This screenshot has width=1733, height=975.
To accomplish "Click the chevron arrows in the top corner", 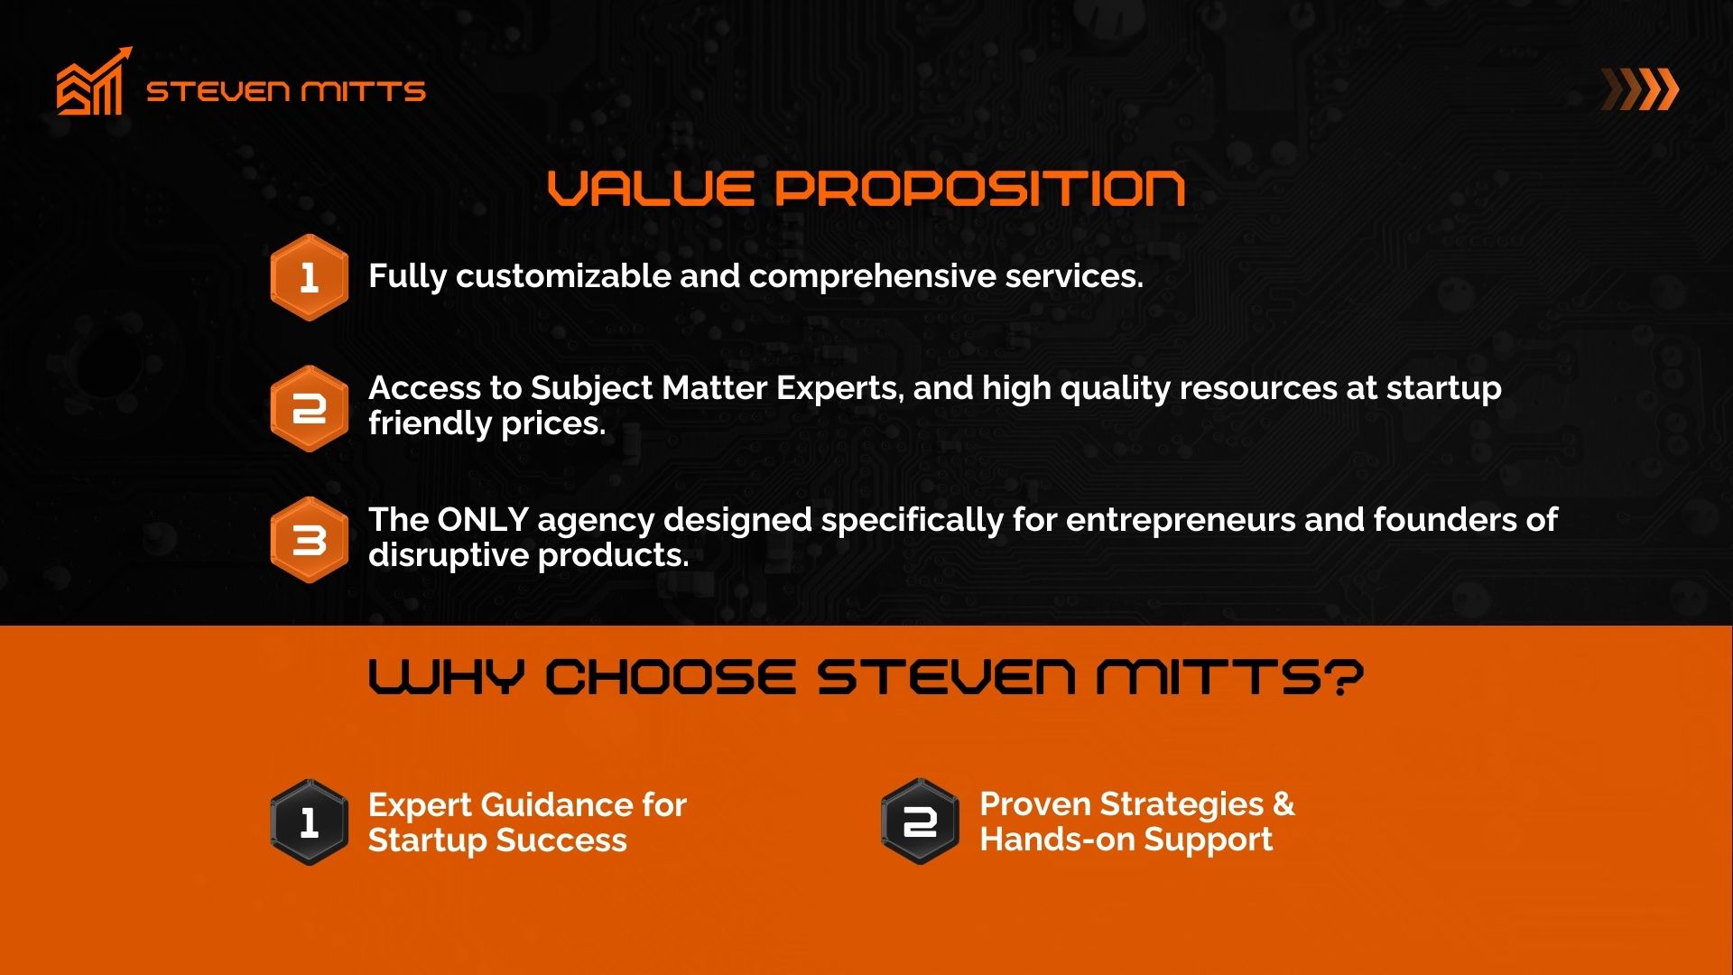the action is coord(1640,89).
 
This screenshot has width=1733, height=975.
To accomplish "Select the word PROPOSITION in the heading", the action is coord(980,188).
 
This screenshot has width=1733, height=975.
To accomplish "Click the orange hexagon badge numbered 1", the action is coord(309,277).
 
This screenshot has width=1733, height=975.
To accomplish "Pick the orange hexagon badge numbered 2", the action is coord(309,408).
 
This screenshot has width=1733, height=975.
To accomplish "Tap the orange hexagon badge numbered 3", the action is coord(309,540).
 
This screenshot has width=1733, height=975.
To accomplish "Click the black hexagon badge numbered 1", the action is coord(309,822).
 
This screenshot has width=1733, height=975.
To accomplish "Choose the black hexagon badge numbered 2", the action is coord(920,822).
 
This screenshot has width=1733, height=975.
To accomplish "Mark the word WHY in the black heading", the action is coord(446,677).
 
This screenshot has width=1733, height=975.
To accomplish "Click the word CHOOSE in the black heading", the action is coord(671,677).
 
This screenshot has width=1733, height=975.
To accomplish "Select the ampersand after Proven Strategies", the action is coord(1284,803).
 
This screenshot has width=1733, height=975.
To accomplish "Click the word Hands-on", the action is coord(1057,840).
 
